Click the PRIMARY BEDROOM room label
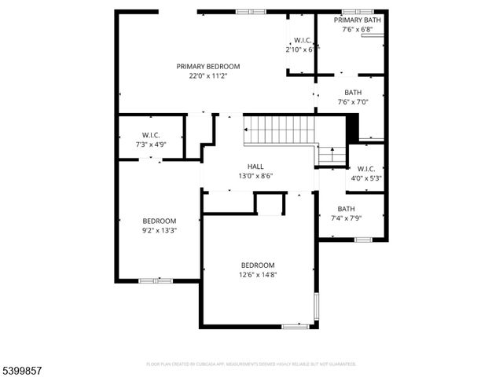pyautogui.click(x=207, y=67)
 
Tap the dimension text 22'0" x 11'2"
pyautogui.click(x=207, y=76)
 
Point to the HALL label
pyautogui.click(x=255, y=167)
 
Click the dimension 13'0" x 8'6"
pyautogui.click(x=255, y=176)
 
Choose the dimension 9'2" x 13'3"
pyautogui.click(x=159, y=231)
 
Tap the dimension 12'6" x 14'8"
pyautogui.click(x=258, y=275)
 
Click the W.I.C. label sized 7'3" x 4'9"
pyautogui.click(x=152, y=135)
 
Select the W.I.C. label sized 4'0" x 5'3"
pyautogui.click(x=365, y=169)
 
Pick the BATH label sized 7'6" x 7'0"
pyautogui.click(x=353, y=92)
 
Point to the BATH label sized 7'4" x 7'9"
pyautogui.click(x=347, y=208)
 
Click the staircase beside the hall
pyautogui.click(x=279, y=130)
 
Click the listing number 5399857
pyautogui.click(x=24, y=367)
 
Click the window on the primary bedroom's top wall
pyautogui.click(x=251, y=12)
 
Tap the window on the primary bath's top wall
pyautogui.click(x=357, y=11)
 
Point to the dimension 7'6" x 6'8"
pyautogui.click(x=357, y=30)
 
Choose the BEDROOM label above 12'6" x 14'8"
pyautogui.click(x=258, y=265)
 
